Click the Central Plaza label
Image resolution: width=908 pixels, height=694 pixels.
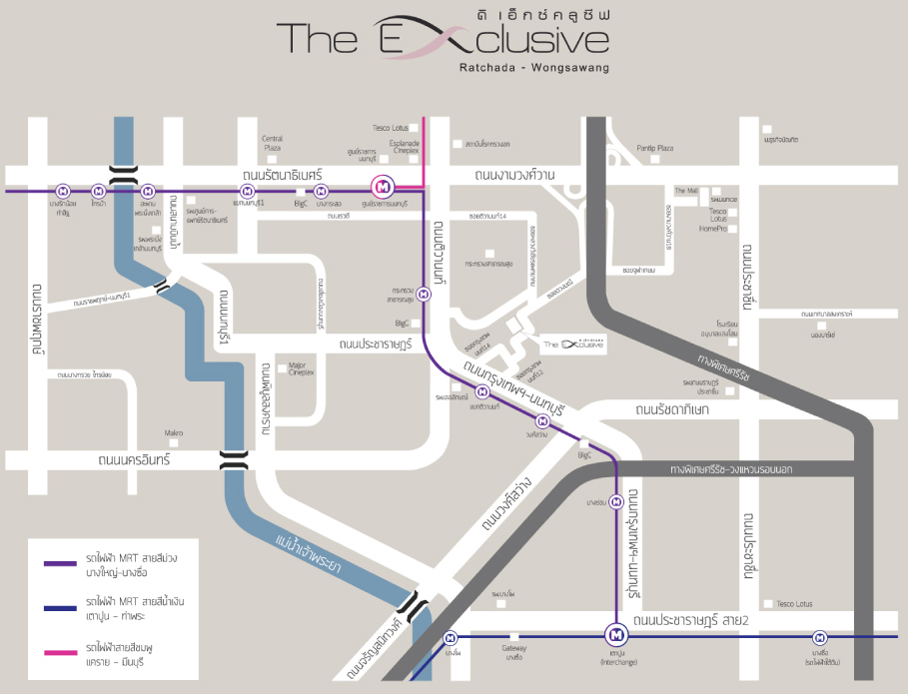click(x=272, y=143)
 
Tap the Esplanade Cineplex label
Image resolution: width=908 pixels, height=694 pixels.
click(x=405, y=147)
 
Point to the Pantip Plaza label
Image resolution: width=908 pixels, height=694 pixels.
click(x=654, y=148)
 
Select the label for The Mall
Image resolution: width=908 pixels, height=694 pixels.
click(x=686, y=190)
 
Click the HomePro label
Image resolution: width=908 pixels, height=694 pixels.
click(x=713, y=229)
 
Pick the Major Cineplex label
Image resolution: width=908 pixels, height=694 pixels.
click(x=301, y=369)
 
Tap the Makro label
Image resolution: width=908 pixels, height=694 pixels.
click(x=174, y=432)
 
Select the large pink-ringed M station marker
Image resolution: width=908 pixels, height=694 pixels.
click(x=383, y=187)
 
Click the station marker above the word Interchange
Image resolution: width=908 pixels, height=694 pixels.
click(x=616, y=634)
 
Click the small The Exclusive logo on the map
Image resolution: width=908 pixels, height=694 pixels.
click(x=574, y=344)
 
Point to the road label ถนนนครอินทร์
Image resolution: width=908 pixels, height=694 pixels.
click(x=135, y=460)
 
